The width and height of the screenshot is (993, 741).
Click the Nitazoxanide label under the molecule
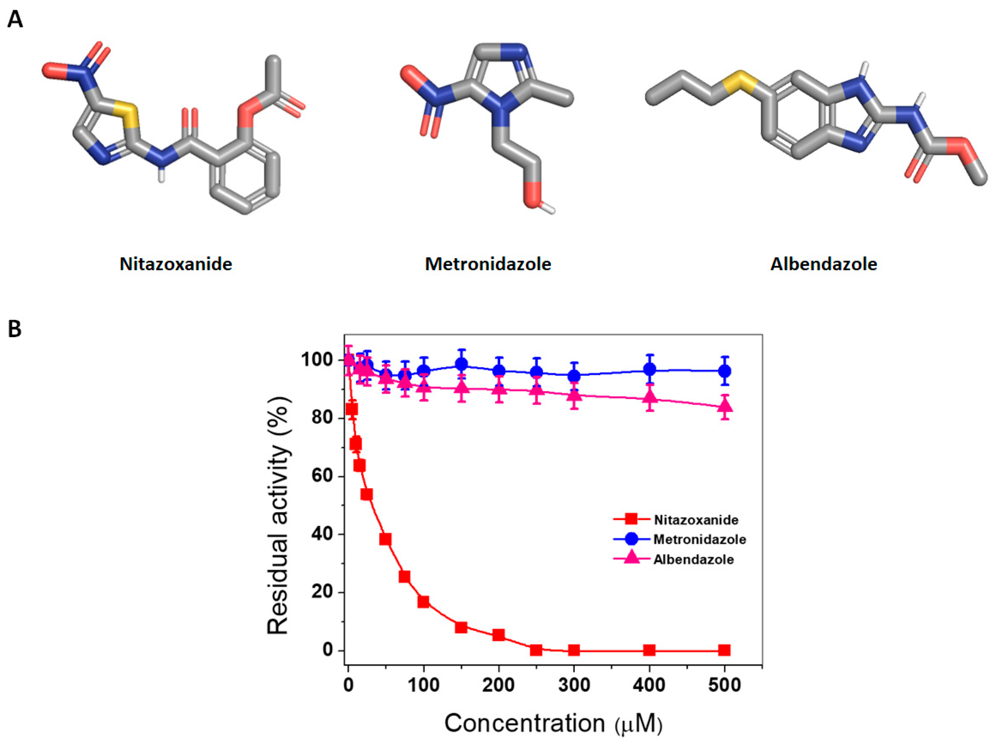point(176,264)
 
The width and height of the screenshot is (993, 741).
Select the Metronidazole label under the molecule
point(488,264)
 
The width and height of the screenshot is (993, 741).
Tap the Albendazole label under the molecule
point(824,264)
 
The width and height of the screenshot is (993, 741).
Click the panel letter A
point(15,20)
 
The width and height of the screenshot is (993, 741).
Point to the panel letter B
point(15,329)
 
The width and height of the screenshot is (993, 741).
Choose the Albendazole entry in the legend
point(693,559)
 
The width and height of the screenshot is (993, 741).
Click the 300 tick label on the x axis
point(574,685)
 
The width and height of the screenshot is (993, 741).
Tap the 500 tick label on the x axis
point(725,685)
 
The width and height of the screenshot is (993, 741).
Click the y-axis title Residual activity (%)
point(278,516)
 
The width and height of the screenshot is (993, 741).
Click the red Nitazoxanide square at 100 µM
point(423,602)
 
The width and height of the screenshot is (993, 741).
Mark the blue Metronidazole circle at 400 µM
point(649,370)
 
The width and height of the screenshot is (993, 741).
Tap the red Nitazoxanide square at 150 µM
point(461,627)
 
